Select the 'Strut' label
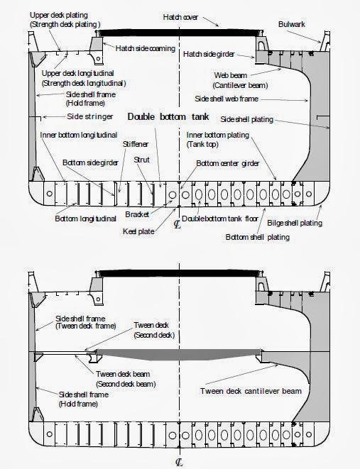[143, 160]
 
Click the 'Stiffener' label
[135, 143]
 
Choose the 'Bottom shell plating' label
[257, 237]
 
